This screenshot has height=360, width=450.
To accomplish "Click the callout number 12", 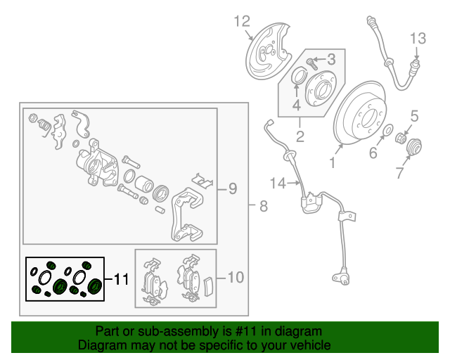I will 242,21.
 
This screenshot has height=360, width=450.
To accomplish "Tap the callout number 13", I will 418,37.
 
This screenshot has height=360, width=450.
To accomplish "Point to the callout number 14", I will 278,184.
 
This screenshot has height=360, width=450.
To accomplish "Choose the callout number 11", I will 121,279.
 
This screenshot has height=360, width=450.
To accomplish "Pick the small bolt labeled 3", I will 314,65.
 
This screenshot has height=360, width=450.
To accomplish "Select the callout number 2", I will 300,136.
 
